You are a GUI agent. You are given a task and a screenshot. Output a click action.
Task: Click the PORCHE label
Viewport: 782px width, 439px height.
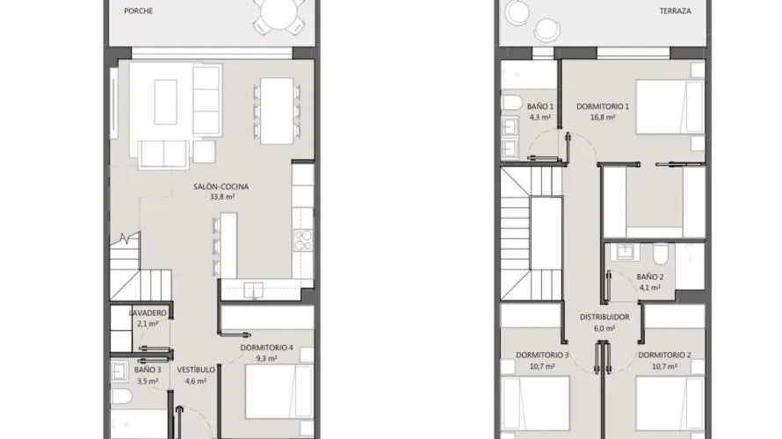point(138,11)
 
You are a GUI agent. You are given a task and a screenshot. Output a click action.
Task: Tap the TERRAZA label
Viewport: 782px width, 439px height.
point(676,11)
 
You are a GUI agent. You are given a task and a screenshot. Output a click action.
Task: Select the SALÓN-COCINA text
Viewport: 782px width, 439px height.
point(221,186)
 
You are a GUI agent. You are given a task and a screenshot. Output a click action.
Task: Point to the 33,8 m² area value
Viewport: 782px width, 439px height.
point(222,197)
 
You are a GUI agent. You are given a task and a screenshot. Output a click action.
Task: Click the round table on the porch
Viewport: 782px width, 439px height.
point(279,12)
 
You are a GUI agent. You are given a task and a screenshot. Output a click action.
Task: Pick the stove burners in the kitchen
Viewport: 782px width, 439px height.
point(303,241)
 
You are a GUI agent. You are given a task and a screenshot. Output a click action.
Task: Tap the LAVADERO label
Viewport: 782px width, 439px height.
point(148,313)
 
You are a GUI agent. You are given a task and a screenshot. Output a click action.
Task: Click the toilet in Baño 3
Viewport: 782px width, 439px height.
point(121,396)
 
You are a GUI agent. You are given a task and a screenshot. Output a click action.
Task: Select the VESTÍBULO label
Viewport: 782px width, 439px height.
point(196,370)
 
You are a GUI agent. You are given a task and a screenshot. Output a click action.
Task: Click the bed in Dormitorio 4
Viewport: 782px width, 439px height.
point(279,392)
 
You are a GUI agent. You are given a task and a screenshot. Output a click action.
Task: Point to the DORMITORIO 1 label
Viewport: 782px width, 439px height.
point(603,106)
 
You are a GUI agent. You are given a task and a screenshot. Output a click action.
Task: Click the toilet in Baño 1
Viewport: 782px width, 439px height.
point(511,103)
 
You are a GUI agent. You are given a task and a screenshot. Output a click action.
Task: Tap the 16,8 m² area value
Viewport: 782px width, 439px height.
point(603,118)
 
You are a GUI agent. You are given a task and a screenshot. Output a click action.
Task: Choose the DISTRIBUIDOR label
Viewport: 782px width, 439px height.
point(605,317)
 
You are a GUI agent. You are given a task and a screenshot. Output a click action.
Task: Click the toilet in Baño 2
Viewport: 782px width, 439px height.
point(661,255)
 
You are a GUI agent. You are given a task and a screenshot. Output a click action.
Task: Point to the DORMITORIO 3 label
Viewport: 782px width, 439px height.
point(542,356)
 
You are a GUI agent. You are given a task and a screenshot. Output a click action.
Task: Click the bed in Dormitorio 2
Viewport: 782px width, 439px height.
point(670,403)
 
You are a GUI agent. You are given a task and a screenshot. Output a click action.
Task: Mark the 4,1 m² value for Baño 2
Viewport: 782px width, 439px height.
point(650,288)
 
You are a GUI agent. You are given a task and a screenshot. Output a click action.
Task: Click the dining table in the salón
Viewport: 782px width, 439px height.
point(277,111)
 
